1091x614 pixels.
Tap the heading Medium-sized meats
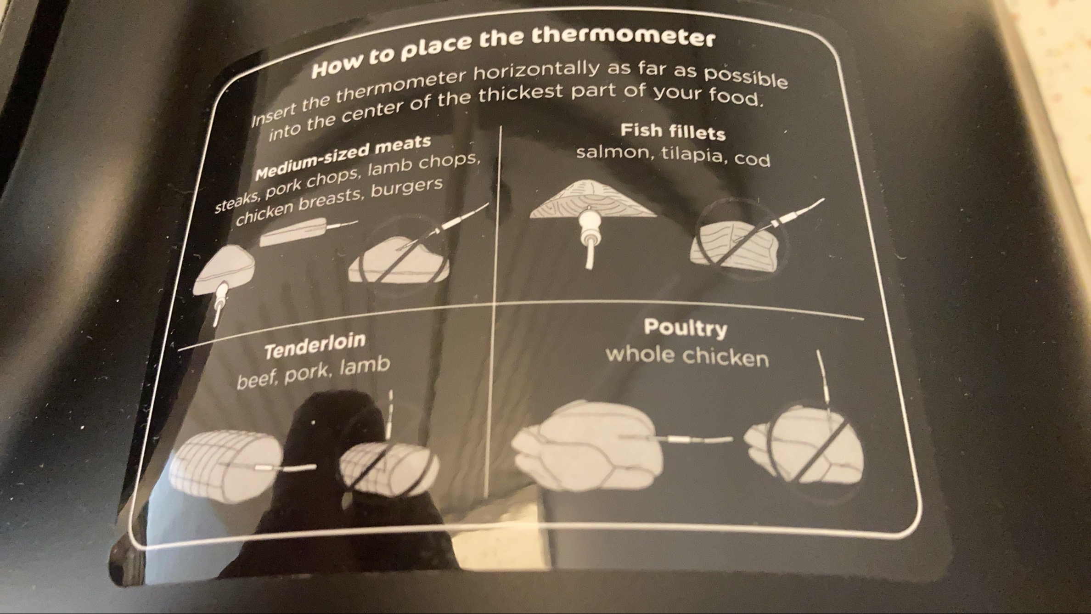(x=343, y=158)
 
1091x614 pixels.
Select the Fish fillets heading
(x=673, y=132)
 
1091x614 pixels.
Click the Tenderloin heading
(x=315, y=345)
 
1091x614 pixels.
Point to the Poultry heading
(x=685, y=328)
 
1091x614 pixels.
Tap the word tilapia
(x=693, y=156)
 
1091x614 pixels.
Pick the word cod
(x=752, y=159)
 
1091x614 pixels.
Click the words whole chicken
(x=687, y=356)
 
